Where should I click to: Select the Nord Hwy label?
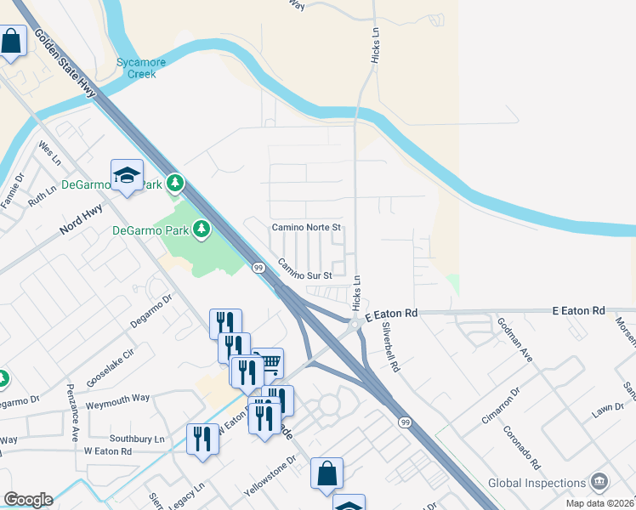click(82, 219)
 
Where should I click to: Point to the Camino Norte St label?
click(306, 228)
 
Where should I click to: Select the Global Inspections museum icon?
click(599, 483)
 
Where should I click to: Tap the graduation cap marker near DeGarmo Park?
click(127, 175)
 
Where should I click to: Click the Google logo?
click(27, 499)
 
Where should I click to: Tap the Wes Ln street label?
click(50, 153)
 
